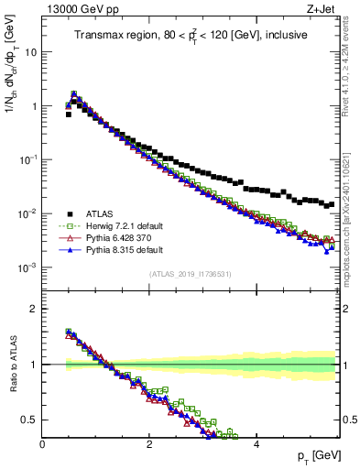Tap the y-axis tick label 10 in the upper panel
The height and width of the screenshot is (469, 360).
tap(31, 52)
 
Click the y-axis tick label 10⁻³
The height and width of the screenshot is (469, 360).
tap(28, 267)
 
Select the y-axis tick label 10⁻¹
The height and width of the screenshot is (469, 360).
tap(28, 159)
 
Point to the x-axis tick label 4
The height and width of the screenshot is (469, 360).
tap(256, 443)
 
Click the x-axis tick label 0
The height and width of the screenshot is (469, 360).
tap(43, 443)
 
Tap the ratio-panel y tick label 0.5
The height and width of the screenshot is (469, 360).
tap(29, 420)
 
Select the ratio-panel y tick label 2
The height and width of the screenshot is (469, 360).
tap(33, 309)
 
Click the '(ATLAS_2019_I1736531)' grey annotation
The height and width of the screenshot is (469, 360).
tap(190, 274)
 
